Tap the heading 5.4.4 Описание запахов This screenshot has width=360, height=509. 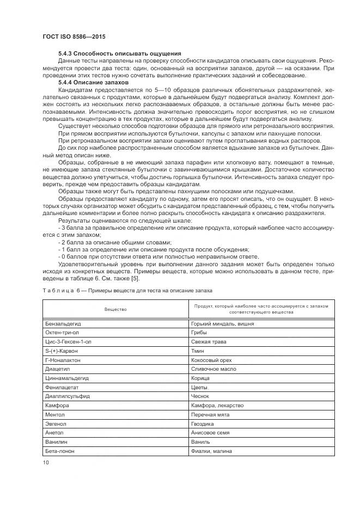coord(93,82)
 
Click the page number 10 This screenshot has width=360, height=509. coord(45,462)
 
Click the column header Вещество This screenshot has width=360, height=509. coord(115,309)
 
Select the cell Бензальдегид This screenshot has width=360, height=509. coord(63,323)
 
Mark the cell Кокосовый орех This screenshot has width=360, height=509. coord(211,360)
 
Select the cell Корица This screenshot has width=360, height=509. coord(200,378)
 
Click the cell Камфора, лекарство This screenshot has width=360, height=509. coord(217,406)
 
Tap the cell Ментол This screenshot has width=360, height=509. coord(56,415)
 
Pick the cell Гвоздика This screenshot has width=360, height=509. coord(203,424)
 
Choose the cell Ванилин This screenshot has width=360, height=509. coord(56,442)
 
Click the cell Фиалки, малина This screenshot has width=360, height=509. coord(212,451)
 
